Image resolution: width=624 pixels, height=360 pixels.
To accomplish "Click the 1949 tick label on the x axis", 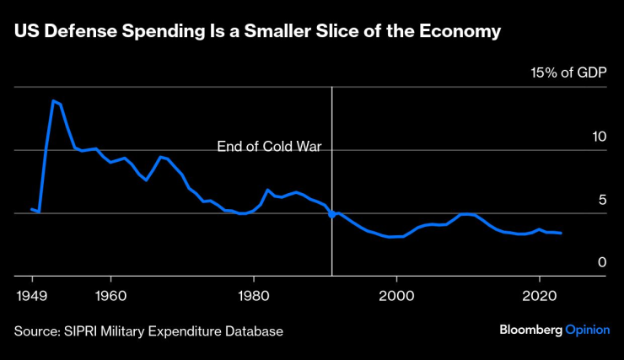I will pos(33,296).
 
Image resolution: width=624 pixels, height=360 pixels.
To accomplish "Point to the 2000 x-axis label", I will pos(397,296).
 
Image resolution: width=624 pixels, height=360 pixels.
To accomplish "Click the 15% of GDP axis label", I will pos(568,73).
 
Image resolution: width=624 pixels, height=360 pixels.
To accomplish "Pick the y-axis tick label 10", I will pos(599,137).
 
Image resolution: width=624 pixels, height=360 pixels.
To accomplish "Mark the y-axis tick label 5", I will pos(602,200).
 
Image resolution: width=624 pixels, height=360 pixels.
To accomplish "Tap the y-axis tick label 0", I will pos(602,263).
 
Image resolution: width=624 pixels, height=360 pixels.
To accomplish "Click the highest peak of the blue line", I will pos(53,101).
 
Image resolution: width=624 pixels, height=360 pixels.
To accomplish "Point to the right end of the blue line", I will pos(562,233).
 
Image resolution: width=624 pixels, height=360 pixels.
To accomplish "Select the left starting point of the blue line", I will pos(31,209).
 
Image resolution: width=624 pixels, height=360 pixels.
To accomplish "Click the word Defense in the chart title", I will pos(79,32).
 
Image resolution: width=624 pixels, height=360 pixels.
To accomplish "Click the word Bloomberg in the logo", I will pos(530,330).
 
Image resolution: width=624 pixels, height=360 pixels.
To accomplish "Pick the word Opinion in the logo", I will pos(587,330).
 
